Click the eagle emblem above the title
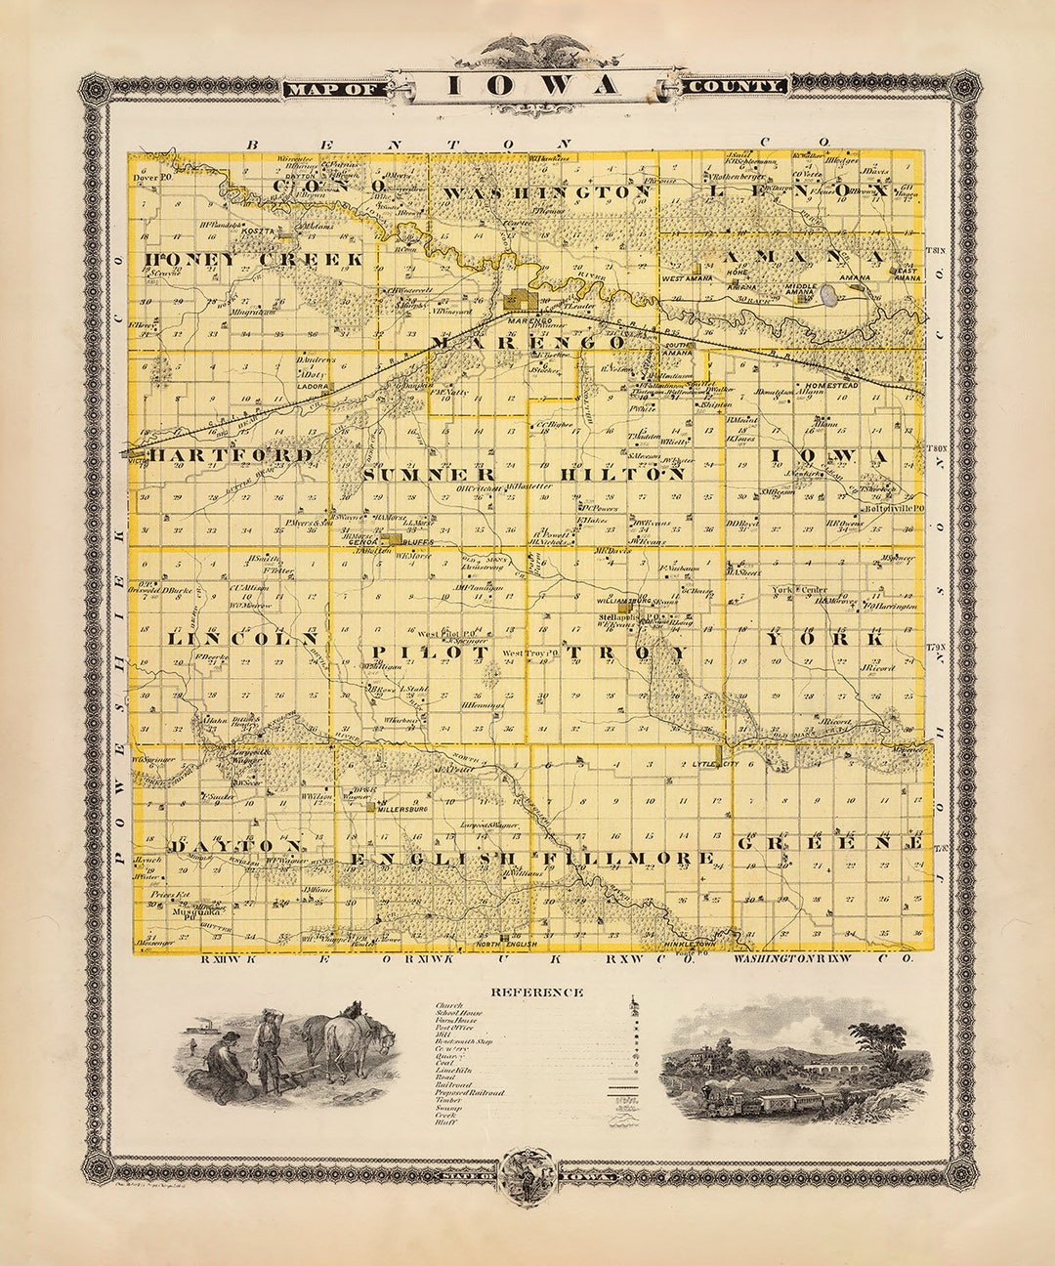(528, 49)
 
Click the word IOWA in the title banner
(532, 85)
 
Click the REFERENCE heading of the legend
(536, 992)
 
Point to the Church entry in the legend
(449, 1004)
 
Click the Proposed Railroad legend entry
(470, 1092)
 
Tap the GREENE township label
(829, 842)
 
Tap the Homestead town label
(829, 386)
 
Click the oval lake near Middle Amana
(828, 294)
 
